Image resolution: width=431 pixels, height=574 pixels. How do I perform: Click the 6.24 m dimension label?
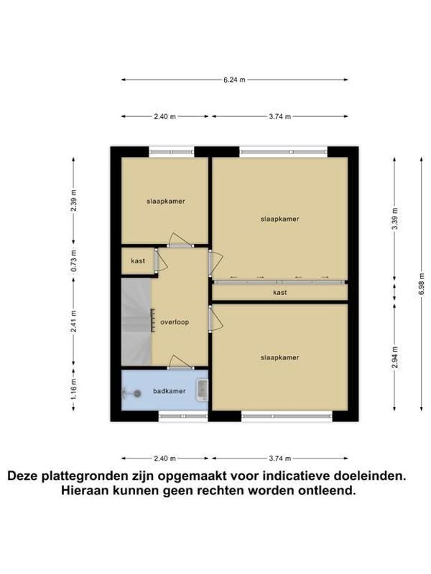tap(234, 80)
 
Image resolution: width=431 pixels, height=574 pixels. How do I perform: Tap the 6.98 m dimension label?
tap(422, 285)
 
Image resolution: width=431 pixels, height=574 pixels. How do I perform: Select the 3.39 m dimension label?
tap(394, 219)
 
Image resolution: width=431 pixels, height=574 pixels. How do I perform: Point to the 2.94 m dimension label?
tap(394, 357)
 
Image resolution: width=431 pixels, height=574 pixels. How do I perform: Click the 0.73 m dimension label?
tap(74, 260)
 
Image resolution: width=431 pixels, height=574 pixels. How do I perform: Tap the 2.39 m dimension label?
tap(74, 200)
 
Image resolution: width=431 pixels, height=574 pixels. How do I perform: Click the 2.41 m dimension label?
tap(74, 321)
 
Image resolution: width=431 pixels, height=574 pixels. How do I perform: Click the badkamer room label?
tap(170, 391)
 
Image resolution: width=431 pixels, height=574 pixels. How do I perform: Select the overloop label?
tap(175, 322)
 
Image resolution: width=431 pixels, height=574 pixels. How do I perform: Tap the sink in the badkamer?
tap(203, 390)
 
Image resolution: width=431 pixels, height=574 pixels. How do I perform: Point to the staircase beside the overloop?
tap(136, 321)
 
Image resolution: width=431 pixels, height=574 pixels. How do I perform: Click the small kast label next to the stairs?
tap(138, 261)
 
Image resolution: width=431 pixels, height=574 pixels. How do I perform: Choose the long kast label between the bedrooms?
tap(280, 293)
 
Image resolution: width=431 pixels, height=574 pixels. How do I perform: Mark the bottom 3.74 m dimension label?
tap(280, 458)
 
